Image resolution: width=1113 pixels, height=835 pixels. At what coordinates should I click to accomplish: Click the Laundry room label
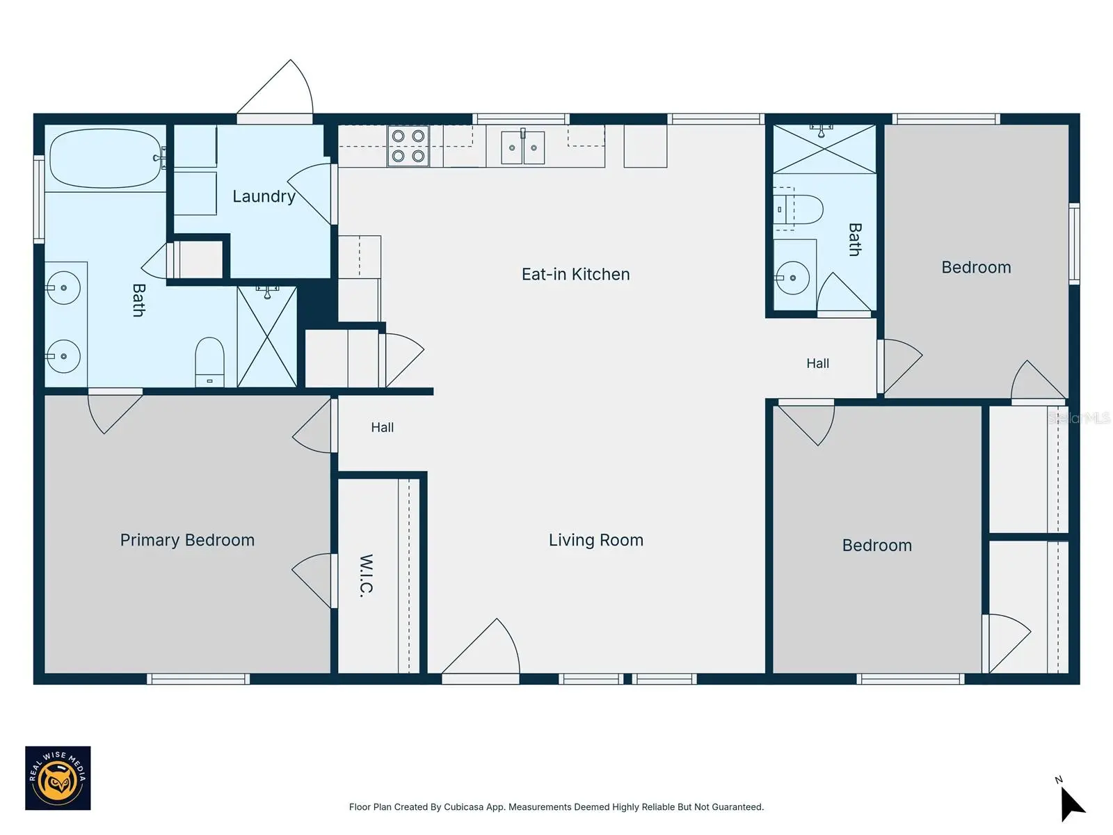[x=264, y=196]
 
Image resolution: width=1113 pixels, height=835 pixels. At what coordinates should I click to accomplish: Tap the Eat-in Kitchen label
[x=575, y=274]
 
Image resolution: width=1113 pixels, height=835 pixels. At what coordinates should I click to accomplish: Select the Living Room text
[x=595, y=540]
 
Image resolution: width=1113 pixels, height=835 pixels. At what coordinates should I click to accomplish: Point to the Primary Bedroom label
[x=187, y=541]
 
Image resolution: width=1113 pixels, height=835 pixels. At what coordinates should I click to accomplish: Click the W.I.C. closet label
[x=366, y=575]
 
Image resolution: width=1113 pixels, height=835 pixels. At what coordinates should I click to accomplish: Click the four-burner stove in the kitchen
[x=408, y=146]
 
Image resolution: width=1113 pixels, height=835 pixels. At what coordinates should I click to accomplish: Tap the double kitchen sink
[x=523, y=147]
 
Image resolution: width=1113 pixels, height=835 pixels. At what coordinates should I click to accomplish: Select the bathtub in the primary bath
[x=106, y=158]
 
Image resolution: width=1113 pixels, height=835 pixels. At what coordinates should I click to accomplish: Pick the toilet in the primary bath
[x=209, y=362]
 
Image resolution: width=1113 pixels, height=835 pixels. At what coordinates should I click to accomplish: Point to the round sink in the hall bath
[x=792, y=278]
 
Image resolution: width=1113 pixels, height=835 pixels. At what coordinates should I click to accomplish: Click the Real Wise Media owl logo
[x=58, y=778]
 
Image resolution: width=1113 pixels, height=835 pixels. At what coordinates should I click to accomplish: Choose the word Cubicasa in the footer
[x=463, y=807]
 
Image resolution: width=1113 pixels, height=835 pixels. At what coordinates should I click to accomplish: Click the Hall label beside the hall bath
[x=818, y=363]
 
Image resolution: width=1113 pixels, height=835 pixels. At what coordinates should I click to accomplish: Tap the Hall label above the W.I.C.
[x=383, y=427]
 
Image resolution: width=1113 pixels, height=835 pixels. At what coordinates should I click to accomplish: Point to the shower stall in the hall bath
[x=824, y=149]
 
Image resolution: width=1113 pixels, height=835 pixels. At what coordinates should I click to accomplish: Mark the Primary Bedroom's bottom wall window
[x=198, y=679]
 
